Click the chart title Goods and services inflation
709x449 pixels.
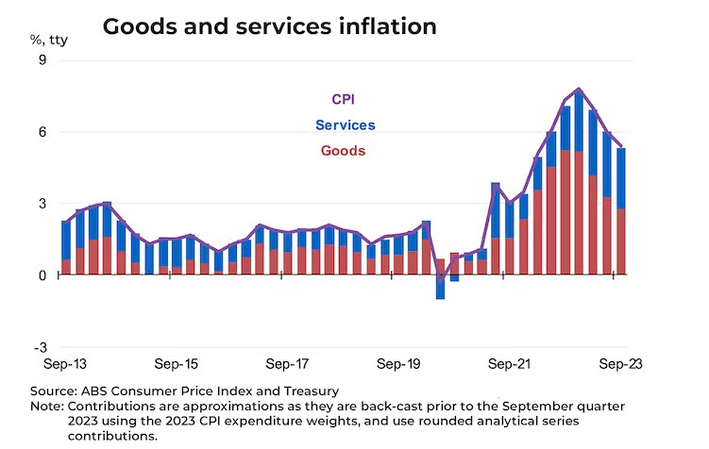[269, 26]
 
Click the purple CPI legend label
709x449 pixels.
[343, 99]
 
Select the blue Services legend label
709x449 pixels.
[345, 125]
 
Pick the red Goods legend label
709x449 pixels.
[343, 150]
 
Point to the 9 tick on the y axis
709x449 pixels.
[42, 60]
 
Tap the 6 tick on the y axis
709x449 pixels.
[42, 132]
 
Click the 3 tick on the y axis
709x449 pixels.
[42, 204]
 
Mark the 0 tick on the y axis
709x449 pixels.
[42, 275]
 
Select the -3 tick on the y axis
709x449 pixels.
[40, 347]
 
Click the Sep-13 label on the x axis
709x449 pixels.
[65, 363]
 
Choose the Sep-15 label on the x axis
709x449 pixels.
[177, 363]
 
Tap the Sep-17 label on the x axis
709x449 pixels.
[288, 363]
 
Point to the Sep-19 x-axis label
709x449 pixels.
[398, 363]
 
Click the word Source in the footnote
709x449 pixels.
[52, 391]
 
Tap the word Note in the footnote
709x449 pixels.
[46, 406]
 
